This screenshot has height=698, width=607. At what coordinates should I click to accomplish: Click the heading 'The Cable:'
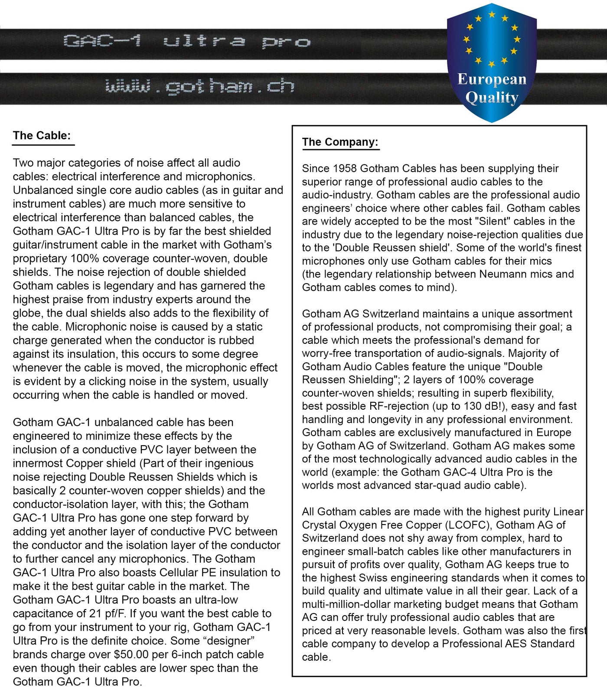(42, 136)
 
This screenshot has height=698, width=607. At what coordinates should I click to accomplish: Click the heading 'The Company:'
(340, 142)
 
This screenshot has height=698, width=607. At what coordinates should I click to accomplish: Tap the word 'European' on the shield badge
(492, 79)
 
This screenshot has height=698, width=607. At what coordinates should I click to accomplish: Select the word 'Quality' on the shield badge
(492, 98)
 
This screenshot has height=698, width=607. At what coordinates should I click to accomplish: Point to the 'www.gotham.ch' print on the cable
(199, 86)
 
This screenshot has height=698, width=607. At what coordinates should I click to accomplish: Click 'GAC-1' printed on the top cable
(103, 41)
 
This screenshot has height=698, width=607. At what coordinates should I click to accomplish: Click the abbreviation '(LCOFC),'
(469, 525)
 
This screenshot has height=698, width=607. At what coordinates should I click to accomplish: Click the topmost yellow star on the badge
(492, 15)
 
